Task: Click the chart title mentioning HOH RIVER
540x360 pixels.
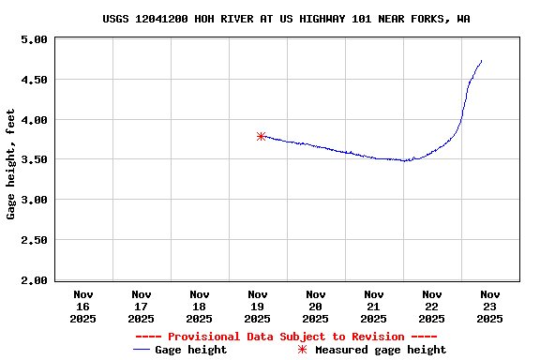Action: tap(286, 19)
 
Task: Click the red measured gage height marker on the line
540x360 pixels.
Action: tap(261, 136)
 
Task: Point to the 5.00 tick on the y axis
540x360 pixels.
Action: tap(34, 40)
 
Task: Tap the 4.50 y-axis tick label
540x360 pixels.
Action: tap(34, 80)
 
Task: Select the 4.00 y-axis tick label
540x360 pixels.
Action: tap(34, 120)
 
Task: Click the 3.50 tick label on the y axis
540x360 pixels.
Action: tap(34, 160)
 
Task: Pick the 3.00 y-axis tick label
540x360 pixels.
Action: tap(34, 200)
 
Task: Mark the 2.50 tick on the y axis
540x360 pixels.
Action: tap(34, 240)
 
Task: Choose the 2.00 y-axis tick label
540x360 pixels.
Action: tap(34, 279)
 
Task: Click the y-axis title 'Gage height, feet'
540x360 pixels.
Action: tap(11, 164)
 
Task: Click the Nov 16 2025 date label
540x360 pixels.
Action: tap(82, 306)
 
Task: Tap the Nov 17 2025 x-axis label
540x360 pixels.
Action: tap(141, 306)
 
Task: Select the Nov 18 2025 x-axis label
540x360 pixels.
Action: tap(199, 306)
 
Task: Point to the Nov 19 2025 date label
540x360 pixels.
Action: tap(257, 306)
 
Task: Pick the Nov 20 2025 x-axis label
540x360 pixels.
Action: tap(315, 306)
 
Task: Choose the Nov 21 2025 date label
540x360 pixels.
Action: tap(373, 306)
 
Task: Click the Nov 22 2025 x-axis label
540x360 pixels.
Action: tap(431, 306)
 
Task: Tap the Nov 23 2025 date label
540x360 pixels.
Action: tap(489, 306)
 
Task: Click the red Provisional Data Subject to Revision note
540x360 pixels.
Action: tap(286, 337)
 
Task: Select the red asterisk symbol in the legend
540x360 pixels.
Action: tap(302, 350)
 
